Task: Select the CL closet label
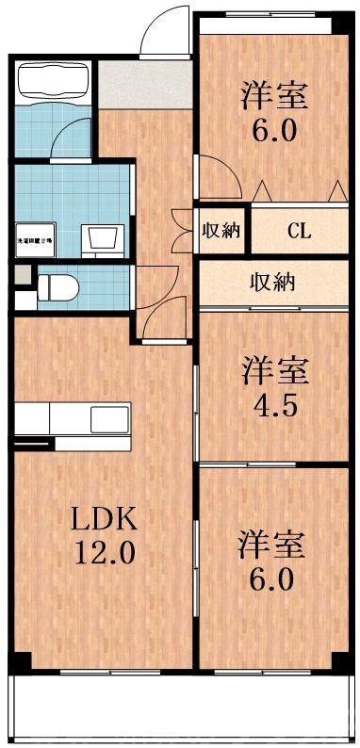pyautogui.click(x=301, y=231)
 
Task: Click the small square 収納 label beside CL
pyautogui.click(x=222, y=231)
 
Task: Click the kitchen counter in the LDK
pyautogui.click(x=74, y=417)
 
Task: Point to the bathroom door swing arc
pyautogui.click(x=72, y=137)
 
